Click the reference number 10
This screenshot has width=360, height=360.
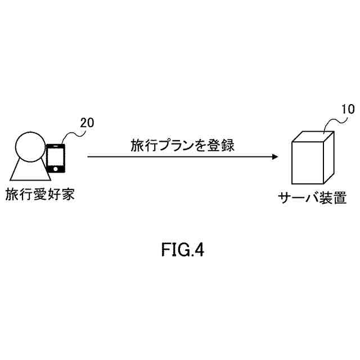(x=348, y=109)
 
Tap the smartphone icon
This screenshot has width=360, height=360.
(x=56, y=158)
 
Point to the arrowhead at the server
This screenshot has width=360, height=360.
(x=274, y=157)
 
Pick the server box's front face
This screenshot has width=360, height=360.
(x=307, y=162)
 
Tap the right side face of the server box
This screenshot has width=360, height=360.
(x=329, y=155)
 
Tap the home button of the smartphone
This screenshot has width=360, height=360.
(x=56, y=169)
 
